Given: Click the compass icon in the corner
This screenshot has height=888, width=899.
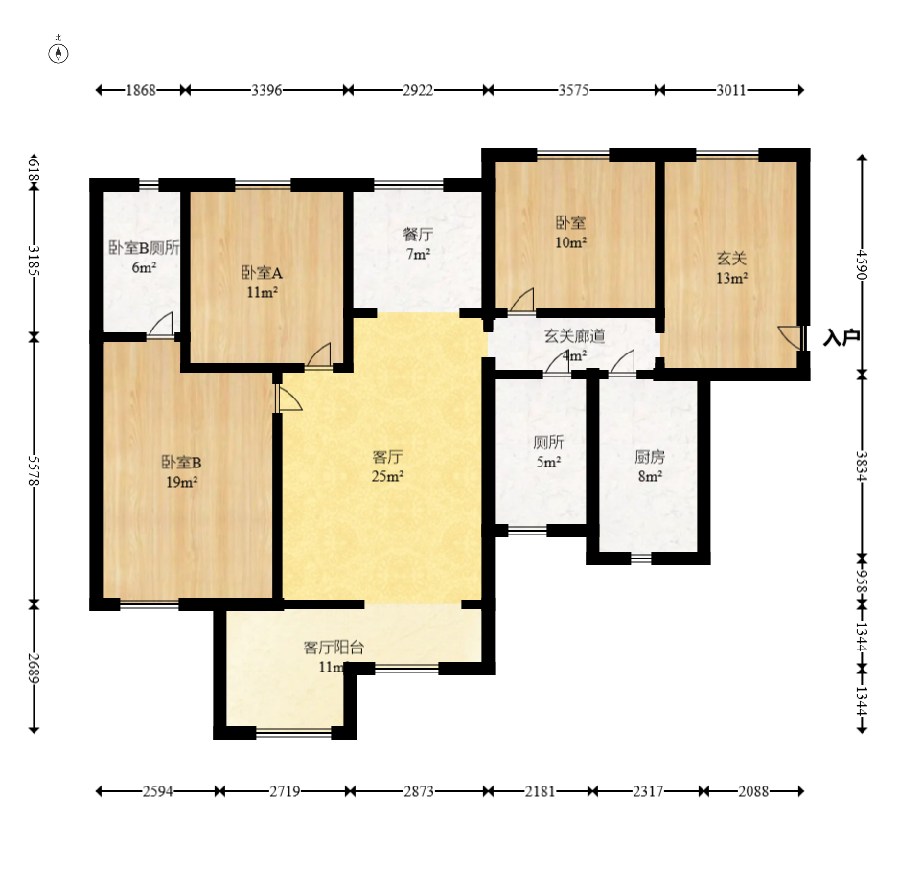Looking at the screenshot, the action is pyautogui.click(x=58, y=53).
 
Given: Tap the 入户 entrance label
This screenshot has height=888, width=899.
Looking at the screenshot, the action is pyautogui.click(x=841, y=337).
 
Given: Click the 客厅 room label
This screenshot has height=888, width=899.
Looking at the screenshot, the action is pyautogui.click(x=387, y=457).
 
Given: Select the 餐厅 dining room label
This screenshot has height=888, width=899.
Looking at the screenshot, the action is pyautogui.click(x=418, y=235).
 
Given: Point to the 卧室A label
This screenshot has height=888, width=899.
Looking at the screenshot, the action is pyautogui.click(x=262, y=273).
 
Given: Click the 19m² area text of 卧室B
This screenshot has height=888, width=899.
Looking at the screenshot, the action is pyautogui.click(x=182, y=483).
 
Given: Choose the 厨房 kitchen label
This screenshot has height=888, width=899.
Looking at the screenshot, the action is pyautogui.click(x=650, y=457).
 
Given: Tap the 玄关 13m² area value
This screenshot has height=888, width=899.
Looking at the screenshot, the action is pyautogui.click(x=731, y=279).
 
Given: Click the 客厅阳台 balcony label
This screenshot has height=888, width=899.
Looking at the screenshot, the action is pyautogui.click(x=334, y=648).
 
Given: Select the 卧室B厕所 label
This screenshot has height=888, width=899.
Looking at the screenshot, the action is pyautogui.click(x=145, y=247).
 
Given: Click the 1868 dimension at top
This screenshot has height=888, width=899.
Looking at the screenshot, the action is pyautogui.click(x=141, y=90).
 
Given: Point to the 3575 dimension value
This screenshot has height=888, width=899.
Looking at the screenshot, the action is pyautogui.click(x=574, y=90).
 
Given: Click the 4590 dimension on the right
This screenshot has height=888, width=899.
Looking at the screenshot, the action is pyautogui.click(x=862, y=264).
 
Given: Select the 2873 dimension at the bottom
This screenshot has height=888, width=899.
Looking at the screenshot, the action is pyautogui.click(x=419, y=791).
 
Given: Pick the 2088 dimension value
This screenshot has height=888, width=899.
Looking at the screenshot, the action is pyautogui.click(x=753, y=791).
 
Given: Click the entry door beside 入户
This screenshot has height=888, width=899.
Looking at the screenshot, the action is pyautogui.click(x=793, y=337).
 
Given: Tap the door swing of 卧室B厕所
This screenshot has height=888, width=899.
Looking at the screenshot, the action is pyautogui.click(x=161, y=325).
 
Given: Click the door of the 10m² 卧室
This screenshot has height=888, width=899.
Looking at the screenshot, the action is pyautogui.click(x=522, y=300).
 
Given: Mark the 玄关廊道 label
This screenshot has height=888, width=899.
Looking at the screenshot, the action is pyautogui.click(x=574, y=335).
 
